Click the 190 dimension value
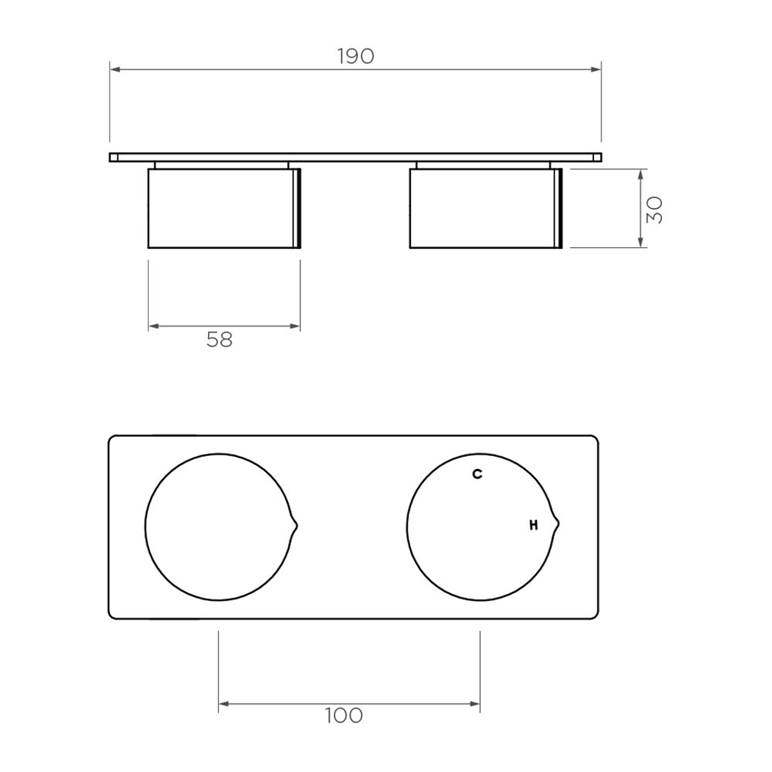click(x=356, y=57)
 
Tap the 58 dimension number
click(x=219, y=340)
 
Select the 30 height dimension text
click(x=654, y=210)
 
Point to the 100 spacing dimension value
click(x=344, y=715)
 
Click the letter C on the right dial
click(x=477, y=474)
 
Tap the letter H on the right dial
click(x=534, y=525)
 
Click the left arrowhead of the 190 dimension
click(x=115, y=69)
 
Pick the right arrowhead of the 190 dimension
click(x=596, y=69)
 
